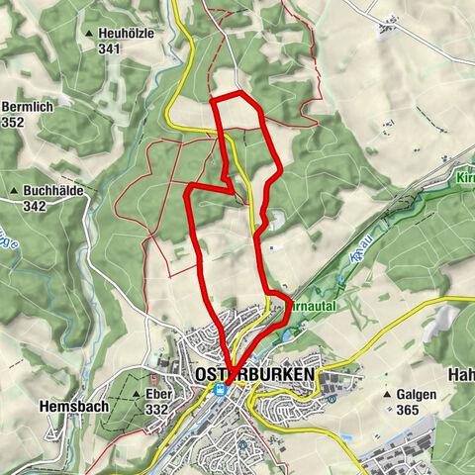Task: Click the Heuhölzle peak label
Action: (x=126, y=33)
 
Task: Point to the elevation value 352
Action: (x=13, y=122)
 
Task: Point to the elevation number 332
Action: (x=155, y=409)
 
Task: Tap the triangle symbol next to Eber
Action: (x=135, y=394)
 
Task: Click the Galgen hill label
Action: (x=417, y=393)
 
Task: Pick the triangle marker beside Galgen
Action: (x=390, y=393)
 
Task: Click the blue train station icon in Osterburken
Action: (x=220, y=389)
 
